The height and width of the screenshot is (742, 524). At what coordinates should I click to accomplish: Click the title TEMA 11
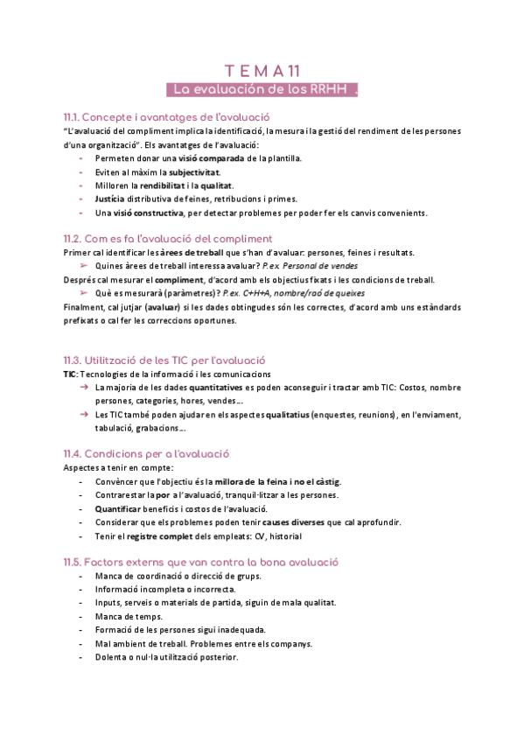point(262,71)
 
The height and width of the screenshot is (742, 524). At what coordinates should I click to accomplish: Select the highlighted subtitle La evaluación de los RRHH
point(262,89)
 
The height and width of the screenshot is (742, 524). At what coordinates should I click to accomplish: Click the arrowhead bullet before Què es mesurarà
point(84,293)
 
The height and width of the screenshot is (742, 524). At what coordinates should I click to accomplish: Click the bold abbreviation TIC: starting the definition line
point(71,374)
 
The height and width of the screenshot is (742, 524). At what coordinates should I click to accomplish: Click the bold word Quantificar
point(122,509)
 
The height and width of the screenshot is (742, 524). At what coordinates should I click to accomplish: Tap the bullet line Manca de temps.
point(128,616)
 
